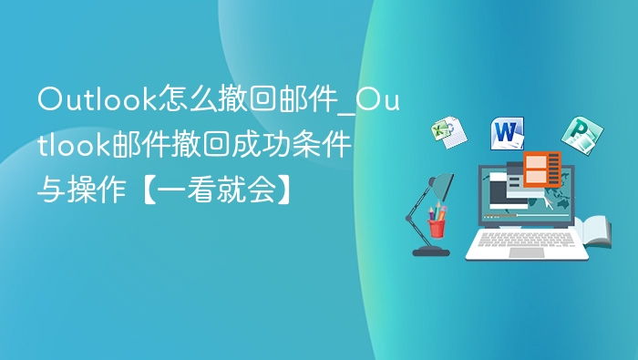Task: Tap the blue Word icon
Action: [x=507, y=133]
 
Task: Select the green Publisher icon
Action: [x=576, y=135]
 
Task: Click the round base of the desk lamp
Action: [x=430, y=249]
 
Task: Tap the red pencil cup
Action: [x=437, y=226]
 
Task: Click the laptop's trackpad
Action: [x=526, y=252]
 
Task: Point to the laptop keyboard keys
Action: [x=526, y=240]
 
